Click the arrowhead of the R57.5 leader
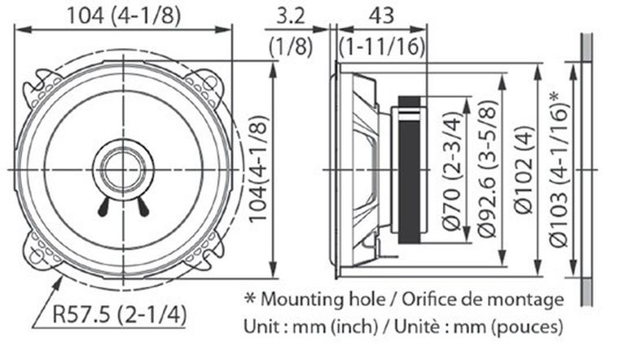[x=63, y=279]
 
